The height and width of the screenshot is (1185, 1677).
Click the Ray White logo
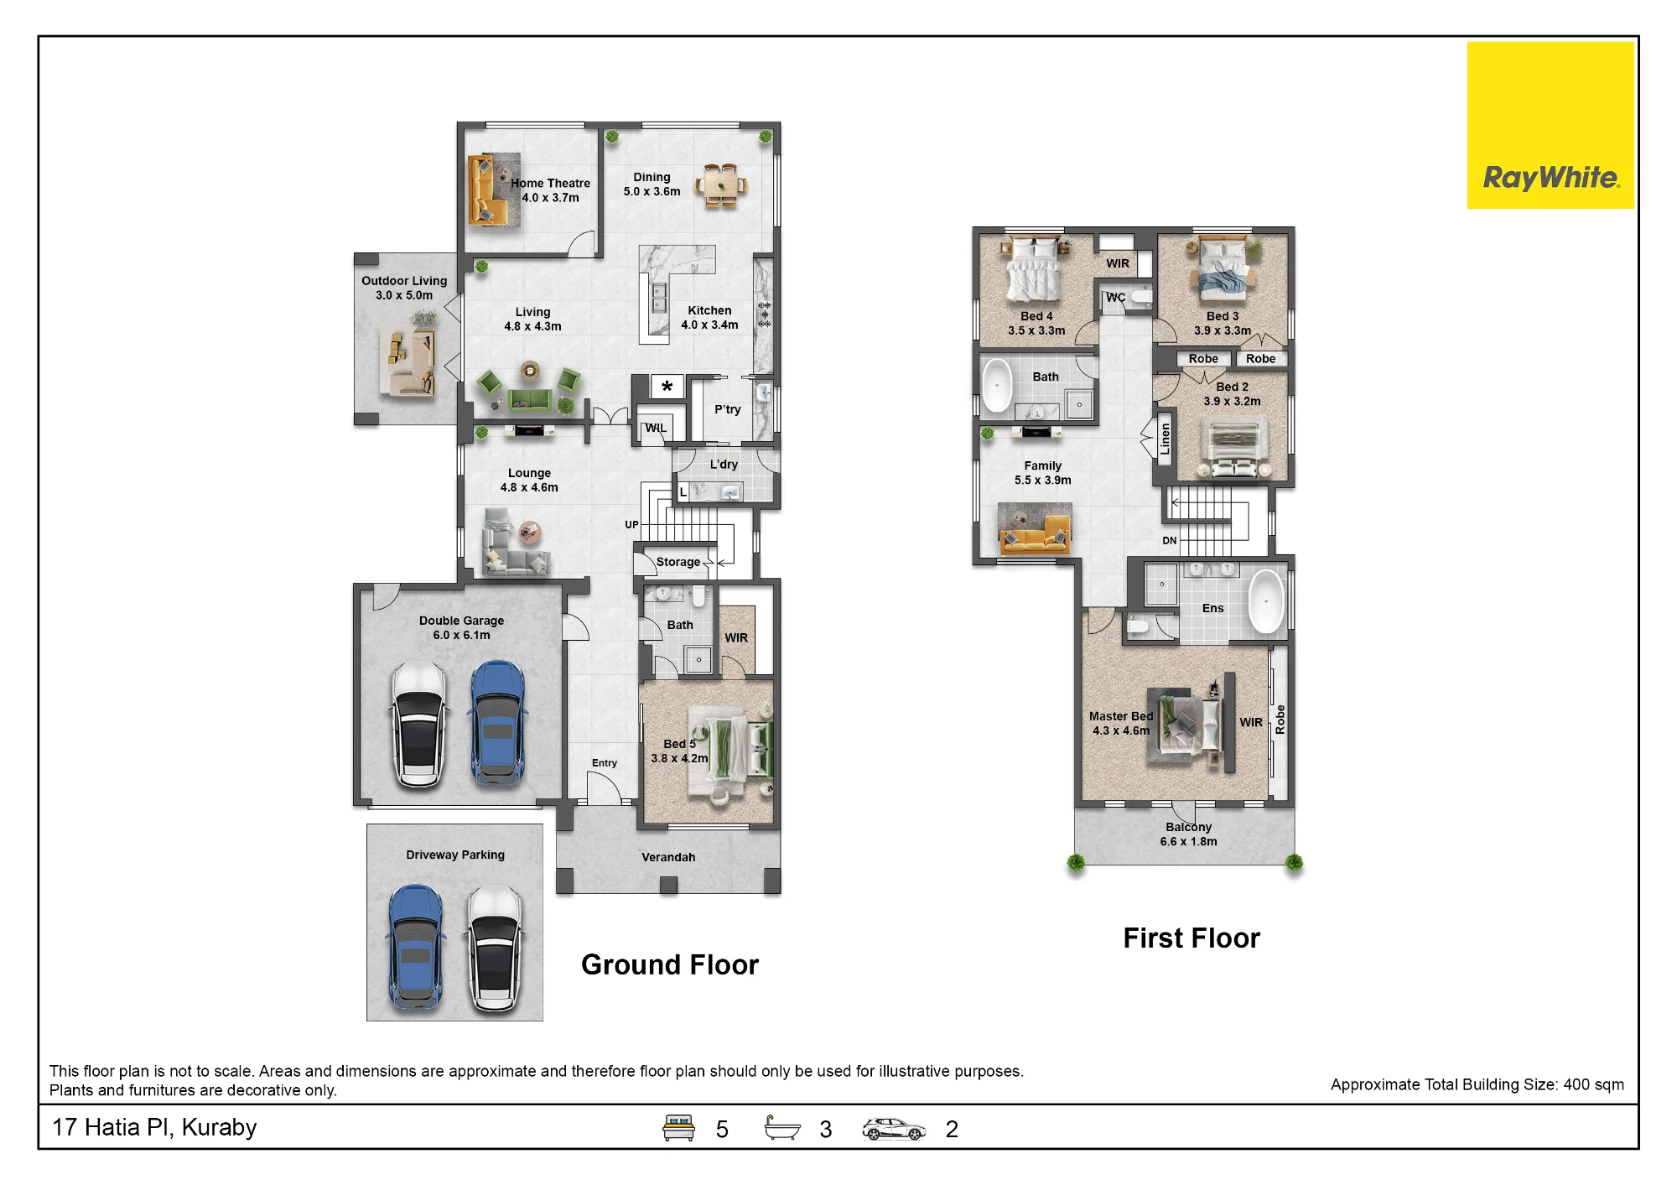pyautogui.click(x=1550, y=126)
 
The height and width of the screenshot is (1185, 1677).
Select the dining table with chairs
pyautogui.click(x=721, y=185)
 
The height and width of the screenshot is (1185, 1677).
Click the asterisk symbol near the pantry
pyautogui.click(x=667, y=387)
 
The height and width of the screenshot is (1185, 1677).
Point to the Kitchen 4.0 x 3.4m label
pyautogui.click(x=709, y=318)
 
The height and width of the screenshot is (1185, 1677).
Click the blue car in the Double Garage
pyautogui.click(x=499, y=723)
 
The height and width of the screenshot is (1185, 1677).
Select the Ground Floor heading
pyautogui.click(x=670, y=964)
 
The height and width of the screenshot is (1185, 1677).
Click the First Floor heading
pyautogui.click(x=1192, y=938)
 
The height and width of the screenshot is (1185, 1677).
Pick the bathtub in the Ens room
pyautogui.click(x=1266, y=602)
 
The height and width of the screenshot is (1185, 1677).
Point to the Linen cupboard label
pyautogui.click(x=1165, y=439)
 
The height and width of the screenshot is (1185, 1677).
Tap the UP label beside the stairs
pyautogui.click(x=631, y=525)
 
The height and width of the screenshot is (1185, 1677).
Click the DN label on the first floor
pyautogui.click(x=1170, y=541)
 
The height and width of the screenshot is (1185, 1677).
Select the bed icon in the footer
pyautogui.click(x=678, y=1128)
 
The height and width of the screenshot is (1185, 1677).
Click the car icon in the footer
pyautogui.click(x=894, y=1129)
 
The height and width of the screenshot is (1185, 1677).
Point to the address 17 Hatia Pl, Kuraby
pyautogui.click(x=154, y=1128)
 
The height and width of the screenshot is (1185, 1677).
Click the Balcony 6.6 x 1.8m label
pyautogui.click(x=1188, y=834)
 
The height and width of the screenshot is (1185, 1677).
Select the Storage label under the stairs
pyautogui.click(x=678, y=562)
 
